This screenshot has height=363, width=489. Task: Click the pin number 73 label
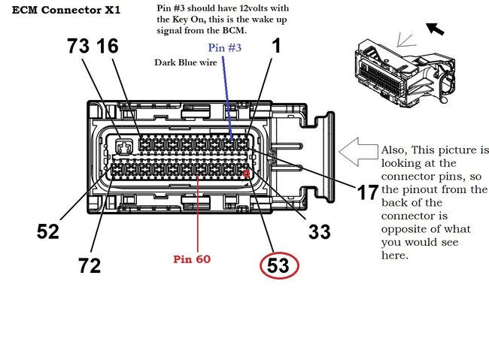coord(78,46)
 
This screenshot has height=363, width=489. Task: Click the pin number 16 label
coord(108,46)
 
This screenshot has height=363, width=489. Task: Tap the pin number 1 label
coord(276,46)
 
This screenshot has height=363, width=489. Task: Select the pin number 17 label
coord(367,192)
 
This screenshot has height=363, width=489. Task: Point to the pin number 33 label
coord(319,231)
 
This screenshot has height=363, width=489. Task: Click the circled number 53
coord(278,265)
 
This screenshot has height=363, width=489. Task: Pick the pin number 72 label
coord(90,265)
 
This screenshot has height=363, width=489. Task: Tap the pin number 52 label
coord(47,231)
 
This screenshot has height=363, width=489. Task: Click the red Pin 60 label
coord(192,259)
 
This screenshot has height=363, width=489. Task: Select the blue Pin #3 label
coord(224,47)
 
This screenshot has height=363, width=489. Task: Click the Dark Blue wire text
coord(186,62)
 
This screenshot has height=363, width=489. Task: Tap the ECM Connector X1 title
coord(66,10)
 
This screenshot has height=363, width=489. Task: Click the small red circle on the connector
coord(246,174)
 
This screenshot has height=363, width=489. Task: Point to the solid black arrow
coord(435,29)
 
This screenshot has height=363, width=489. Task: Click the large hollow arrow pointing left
coord(357,151)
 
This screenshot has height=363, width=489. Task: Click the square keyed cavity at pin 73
coord(124,147)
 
